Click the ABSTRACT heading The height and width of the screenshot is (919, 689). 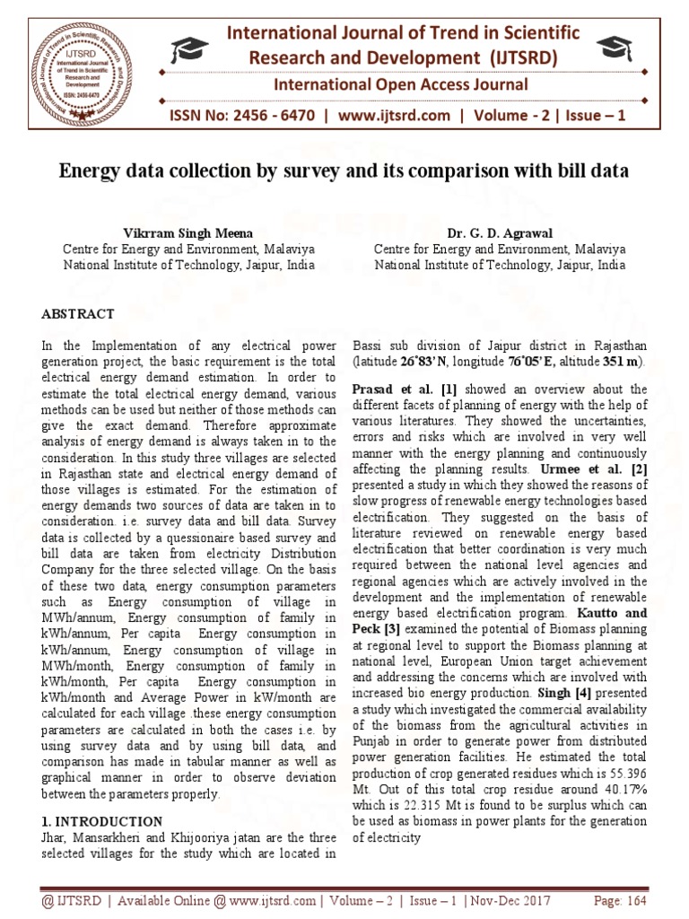pyautogui.click(x=78, y=314)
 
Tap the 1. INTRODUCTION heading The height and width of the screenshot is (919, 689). pyautogui.click(x=102, y=821)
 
